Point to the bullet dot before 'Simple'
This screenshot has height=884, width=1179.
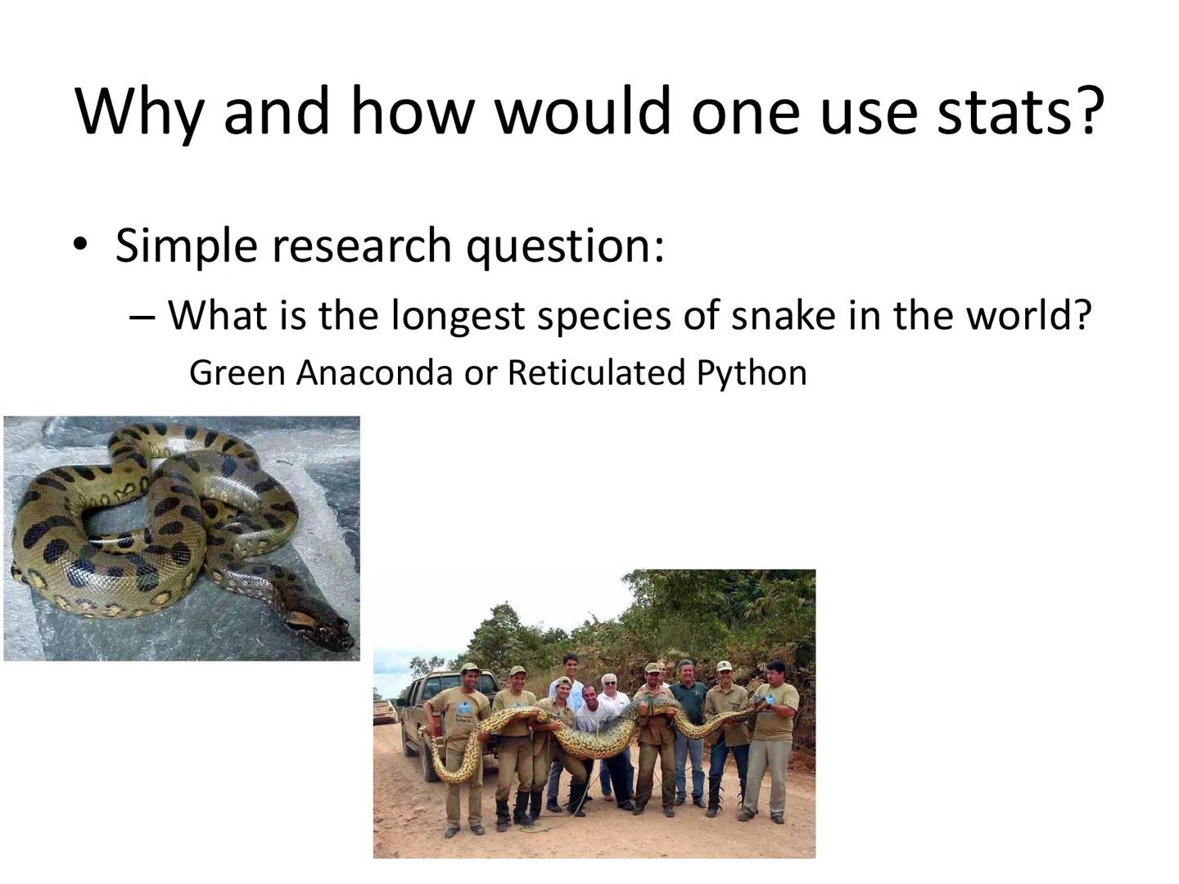[79, 244]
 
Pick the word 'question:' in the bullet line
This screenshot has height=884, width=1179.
[565, 246]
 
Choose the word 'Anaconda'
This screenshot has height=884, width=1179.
[374, 373]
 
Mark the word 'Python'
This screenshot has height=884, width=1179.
[752, 374]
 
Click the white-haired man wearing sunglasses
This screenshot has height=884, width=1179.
[610, 696]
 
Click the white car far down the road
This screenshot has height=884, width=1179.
[385, 710]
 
